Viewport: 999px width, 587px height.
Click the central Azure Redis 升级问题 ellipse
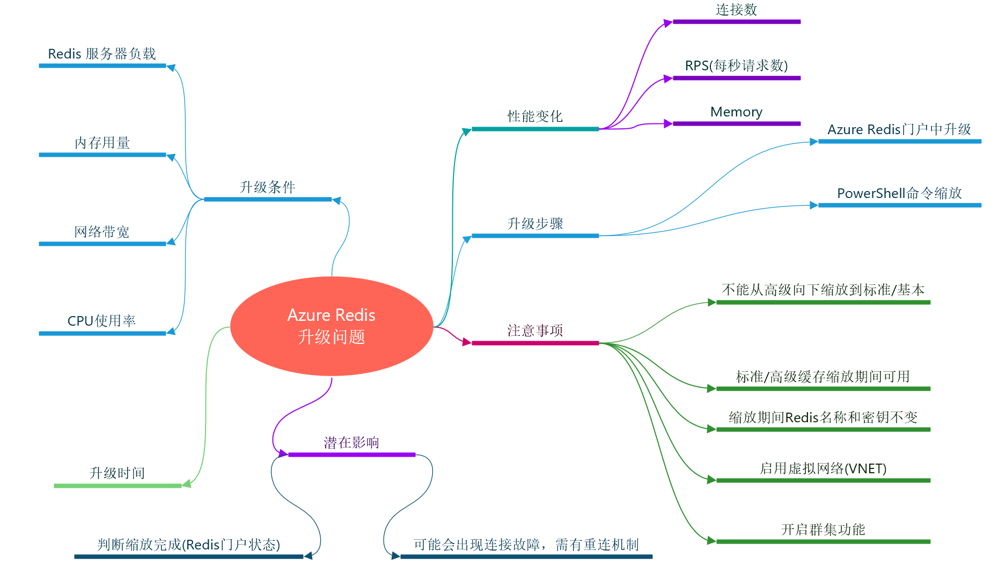(x=332, y=326)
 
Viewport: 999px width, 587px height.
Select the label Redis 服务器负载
(x=102, y=54)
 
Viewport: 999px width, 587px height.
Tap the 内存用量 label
(x=102, y=143)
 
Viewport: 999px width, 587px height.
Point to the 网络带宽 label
(x=102, y=232)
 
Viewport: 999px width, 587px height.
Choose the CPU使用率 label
(x=102, y=321)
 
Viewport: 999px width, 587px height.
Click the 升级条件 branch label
(x=267, y=187)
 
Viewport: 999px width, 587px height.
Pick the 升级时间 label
(x=117, y=473)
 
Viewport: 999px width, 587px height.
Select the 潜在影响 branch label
(x=351, y=443)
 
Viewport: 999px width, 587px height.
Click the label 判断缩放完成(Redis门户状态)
(x=188, y=545)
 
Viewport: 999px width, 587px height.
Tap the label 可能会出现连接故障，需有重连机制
(x=526, y=545)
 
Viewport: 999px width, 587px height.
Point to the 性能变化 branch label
(x=535, y=116)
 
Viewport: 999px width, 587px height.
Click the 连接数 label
(x=736, y=10)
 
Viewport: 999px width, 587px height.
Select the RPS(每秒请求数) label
(x=736, y=66)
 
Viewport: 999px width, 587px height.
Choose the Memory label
(x=736, y=112)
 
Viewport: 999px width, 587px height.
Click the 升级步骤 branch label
(x=535, y=224)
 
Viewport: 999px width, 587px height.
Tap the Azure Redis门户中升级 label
(x=899, y=130)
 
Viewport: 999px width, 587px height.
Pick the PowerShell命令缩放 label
(x=899, y=194)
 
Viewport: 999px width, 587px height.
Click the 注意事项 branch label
(x=535, y=331)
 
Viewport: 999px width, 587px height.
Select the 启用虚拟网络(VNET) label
(x=823, y=469)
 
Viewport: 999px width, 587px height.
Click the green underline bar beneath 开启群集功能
(x=823, y=541)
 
